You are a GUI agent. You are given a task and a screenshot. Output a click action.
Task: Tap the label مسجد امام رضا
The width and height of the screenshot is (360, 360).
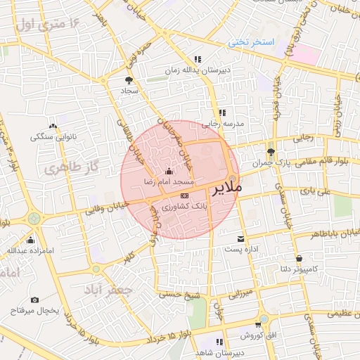click(x=169, y=181)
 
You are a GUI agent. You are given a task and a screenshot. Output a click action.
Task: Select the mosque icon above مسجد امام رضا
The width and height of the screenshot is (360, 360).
click(x=169, y=171)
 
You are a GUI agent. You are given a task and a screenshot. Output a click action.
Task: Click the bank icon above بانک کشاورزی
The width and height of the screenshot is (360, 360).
click(x=184, y=195)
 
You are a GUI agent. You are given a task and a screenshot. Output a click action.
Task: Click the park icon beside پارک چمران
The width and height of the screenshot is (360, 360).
click(x=271, y=151)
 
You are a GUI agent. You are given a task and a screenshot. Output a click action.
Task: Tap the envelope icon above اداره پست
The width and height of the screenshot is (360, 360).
click(x=241, y=239)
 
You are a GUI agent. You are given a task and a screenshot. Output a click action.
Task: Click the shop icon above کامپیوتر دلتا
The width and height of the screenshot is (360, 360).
click(x=300, y=259)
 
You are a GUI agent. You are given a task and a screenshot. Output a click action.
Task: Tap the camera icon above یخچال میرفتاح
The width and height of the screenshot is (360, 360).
click(x=34, y=300)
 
